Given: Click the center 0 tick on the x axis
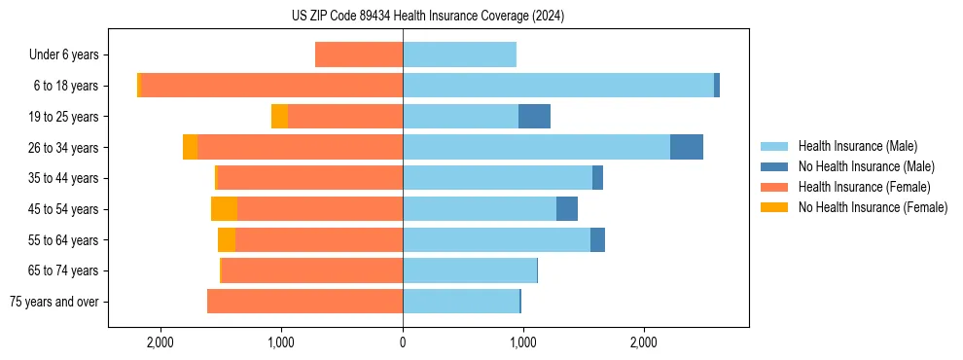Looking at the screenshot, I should click(403, 342).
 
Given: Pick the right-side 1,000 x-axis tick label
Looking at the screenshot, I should click(523, 342).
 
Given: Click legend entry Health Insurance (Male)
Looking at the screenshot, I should click(857, 147).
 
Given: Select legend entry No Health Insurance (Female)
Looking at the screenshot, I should click(873, 207).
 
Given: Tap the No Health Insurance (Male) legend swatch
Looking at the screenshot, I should click(774, 166).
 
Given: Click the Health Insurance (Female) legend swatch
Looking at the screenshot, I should click(774, 187).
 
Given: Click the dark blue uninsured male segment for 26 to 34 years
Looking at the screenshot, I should click(687, 147).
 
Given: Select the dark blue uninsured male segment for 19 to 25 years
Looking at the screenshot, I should click(534, 117).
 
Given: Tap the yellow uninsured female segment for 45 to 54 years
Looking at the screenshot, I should click(224, 209).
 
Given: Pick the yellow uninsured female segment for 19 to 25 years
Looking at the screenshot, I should click(279, 117).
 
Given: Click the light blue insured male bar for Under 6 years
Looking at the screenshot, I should click(459, 55).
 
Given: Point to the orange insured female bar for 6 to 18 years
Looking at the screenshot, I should click(272, 86).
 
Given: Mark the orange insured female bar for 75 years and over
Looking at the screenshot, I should click(304, 302).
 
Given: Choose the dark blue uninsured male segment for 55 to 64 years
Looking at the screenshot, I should click(597, 239).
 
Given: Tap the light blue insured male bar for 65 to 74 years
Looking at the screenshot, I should click(469, 270).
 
